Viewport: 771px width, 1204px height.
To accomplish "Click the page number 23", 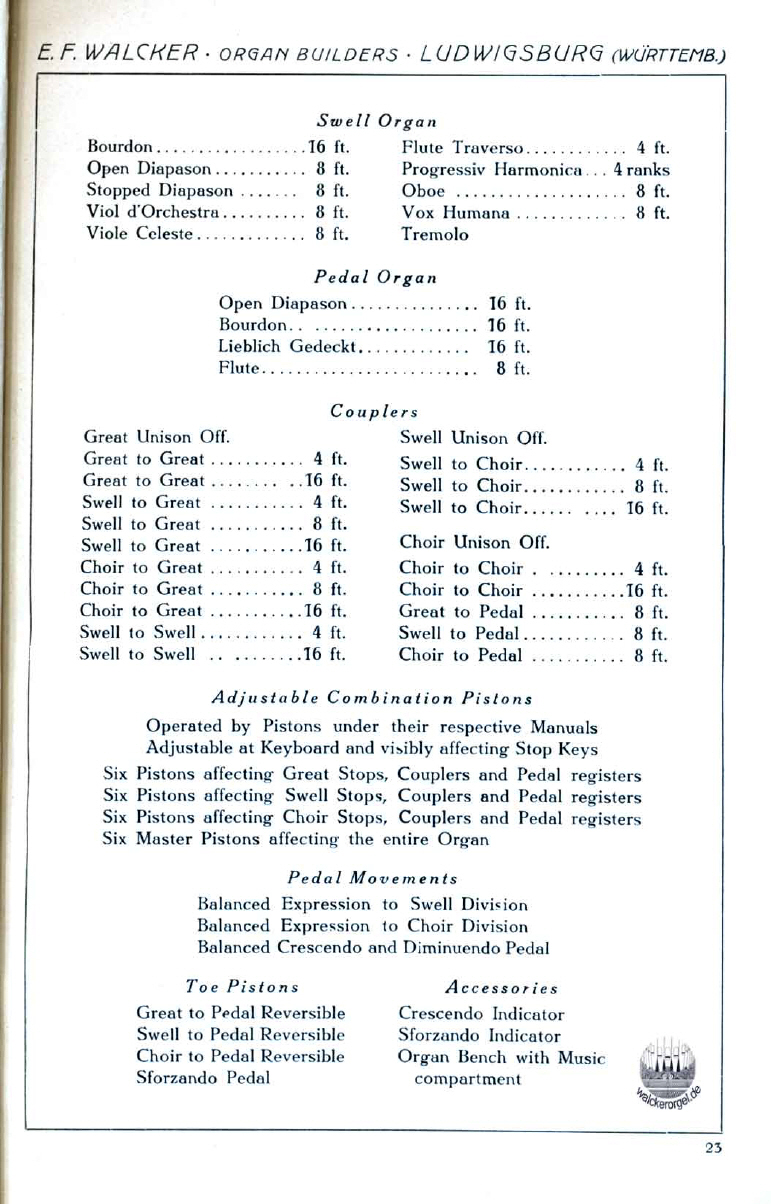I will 712,1148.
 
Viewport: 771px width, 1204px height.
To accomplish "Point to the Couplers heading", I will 373,410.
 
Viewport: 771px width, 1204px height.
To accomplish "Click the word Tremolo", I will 434,235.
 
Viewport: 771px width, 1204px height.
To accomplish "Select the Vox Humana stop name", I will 455,212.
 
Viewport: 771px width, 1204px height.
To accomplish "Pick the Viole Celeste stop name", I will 143,235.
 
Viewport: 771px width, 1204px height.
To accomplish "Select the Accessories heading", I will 502,988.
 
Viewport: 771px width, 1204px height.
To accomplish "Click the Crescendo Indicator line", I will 481,1013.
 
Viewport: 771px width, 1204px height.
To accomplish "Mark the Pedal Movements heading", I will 373,877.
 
